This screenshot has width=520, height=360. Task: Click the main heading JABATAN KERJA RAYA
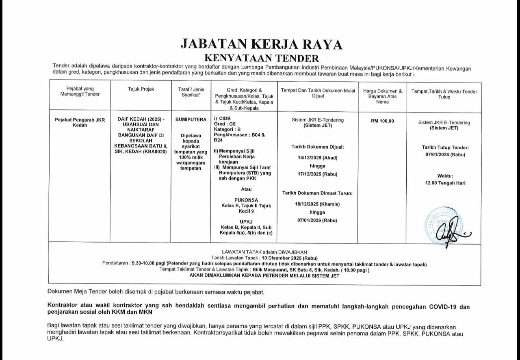(261, 44)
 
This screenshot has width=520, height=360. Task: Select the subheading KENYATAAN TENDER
(261, 58)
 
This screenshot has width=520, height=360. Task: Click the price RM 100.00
(382, 121)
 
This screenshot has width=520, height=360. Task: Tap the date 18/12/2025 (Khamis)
(317, 204)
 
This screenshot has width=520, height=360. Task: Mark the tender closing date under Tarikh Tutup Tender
(445, 154)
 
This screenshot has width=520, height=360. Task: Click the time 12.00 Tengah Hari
(445, 183)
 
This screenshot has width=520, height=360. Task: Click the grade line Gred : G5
(224, 124)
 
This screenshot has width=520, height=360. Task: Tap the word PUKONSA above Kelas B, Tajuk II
(246, 200)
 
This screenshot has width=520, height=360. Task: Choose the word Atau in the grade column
(246, 189)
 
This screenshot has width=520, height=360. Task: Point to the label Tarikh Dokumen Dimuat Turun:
(317, 193)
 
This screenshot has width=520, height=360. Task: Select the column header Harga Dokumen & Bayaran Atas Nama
(382, 96)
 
